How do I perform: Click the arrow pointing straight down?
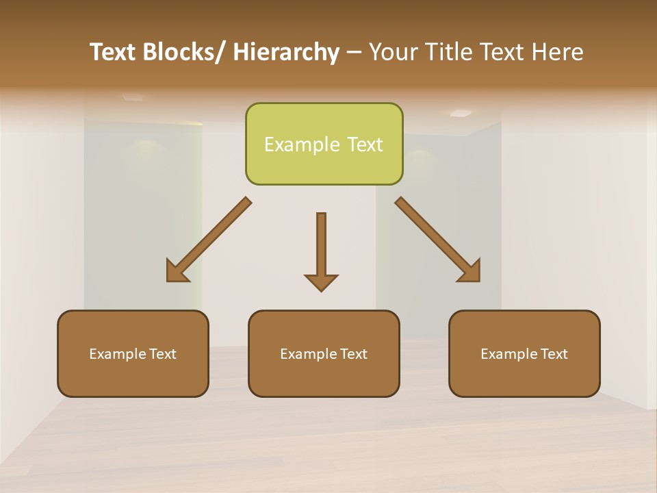point(321,250)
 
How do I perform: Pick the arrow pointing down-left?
point(209,240)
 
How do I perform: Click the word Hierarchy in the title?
point(286,52)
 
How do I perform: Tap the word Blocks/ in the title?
point(184,52)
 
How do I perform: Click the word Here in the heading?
point(557,52)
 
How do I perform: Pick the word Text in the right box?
point(553,354)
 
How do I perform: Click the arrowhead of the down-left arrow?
point(177,272)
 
